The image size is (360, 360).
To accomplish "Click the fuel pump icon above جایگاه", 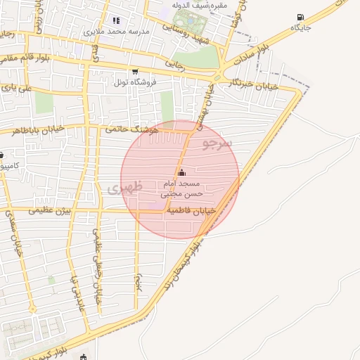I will tap(301, 17).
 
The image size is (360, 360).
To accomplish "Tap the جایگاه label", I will tap(300, 27).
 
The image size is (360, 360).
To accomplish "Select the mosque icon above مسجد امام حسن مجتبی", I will tap(182, 173).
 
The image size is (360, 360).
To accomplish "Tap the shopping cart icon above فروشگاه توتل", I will tap(135, 72).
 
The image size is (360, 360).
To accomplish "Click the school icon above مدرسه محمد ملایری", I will tap(116, 21).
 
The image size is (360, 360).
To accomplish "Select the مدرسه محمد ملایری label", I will tap(116, 32).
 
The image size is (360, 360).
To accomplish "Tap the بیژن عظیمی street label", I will tap(51, 210).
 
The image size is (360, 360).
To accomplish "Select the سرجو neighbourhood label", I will tap(216, 143).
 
